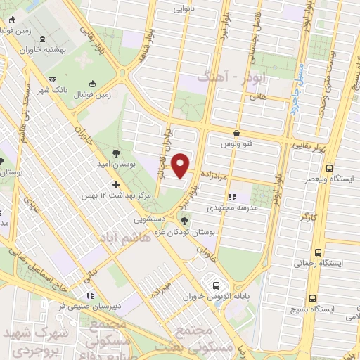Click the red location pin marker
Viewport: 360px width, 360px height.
(x=181, y=165)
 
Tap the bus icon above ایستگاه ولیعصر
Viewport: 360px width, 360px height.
(x=331, y=167)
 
